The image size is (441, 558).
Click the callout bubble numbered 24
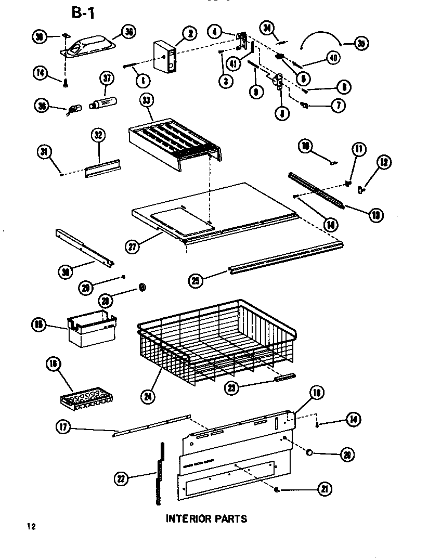[150, 399]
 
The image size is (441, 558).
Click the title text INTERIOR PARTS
[206, 518]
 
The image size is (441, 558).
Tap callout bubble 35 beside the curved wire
[361, 44]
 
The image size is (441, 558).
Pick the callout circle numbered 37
[107, 79]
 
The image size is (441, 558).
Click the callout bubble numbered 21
[326, 488]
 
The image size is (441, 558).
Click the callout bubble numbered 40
[333, 58]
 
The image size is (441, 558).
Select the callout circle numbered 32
[99, 136]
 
